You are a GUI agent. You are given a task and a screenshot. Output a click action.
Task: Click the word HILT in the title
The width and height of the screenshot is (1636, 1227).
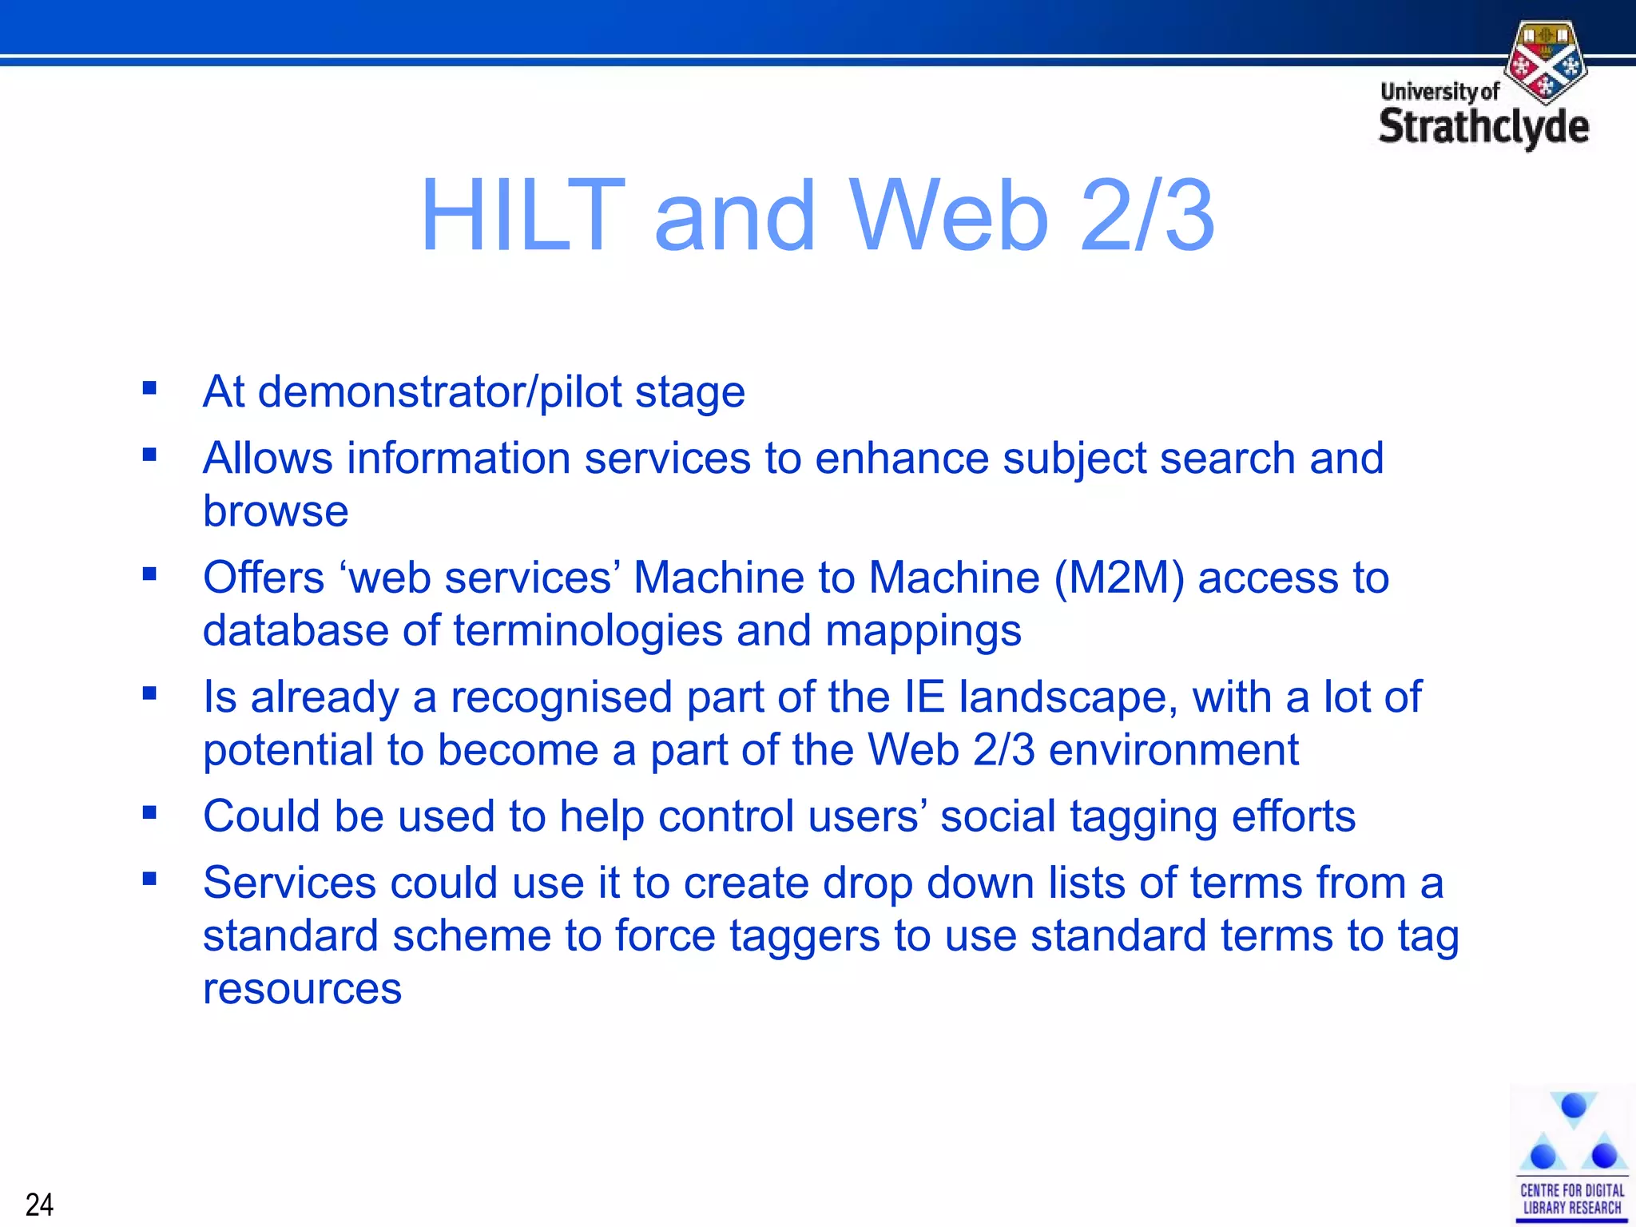(x=523, y=216)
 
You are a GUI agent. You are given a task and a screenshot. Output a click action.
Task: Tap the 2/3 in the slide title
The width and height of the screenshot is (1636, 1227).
(x=1147, y=216)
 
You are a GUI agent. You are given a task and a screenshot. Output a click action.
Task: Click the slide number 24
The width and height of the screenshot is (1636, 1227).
(x=39, y=1204)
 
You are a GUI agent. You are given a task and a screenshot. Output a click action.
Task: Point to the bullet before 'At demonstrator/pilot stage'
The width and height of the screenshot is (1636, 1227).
(x=149, y=389)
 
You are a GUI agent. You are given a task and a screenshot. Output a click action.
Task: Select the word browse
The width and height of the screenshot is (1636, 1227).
(x=276, y=511)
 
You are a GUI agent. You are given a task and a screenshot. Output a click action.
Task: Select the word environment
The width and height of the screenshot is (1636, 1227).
(x=1173, y=750)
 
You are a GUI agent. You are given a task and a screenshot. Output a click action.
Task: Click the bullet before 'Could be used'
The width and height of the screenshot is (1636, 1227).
(x=149, y=813)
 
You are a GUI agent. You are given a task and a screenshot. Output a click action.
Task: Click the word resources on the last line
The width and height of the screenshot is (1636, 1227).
(x=302, y=989)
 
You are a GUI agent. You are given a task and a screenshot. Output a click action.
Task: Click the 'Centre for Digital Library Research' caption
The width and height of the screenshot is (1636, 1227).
(x=1571, y=1199)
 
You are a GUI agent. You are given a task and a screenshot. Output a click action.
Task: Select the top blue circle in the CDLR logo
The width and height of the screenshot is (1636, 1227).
(x=1573, y=1106)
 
